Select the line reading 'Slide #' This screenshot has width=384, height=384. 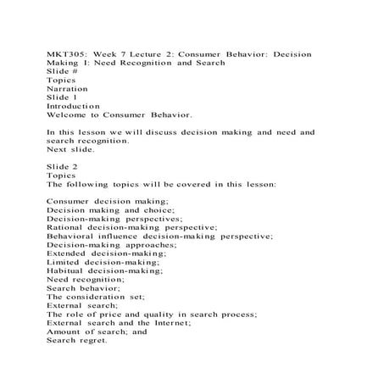(62, 70)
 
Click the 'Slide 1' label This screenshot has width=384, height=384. (62, 97)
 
